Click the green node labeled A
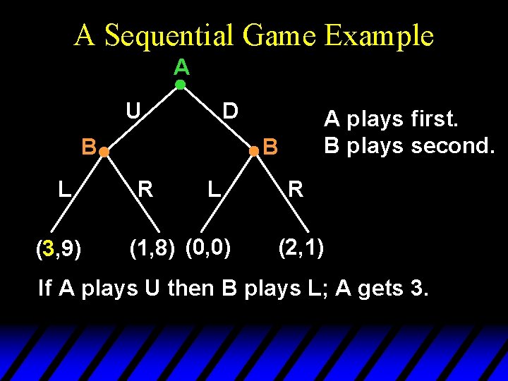[x=181, y=85]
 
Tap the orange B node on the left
[x=103, y=152]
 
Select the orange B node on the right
[x=254, y=151]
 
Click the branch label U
[x=132, y=111]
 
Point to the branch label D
[x=230, y=111]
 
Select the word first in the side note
[x=435, y=120]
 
